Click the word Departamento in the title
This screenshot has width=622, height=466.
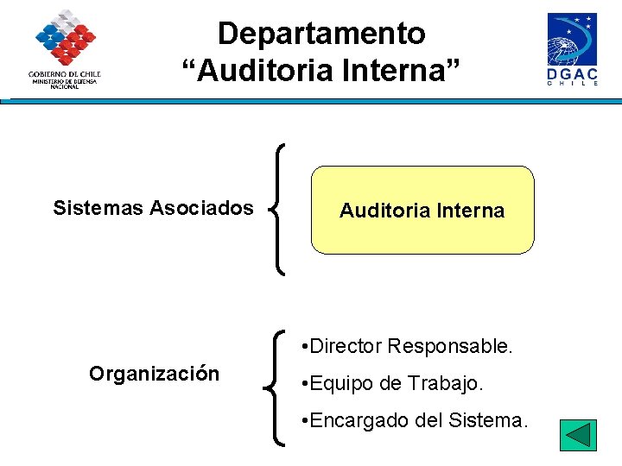click(321, 34)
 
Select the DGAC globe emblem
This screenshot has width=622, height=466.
click(571, 40)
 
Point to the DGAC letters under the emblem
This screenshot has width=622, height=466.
click(572, 75)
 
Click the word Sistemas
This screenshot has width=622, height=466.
click(98, 208)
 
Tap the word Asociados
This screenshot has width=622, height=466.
click(202, 208)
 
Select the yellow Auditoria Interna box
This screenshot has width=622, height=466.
click(422, 211)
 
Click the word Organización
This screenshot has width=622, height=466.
click(154, 374)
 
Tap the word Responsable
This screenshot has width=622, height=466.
click(450, 347)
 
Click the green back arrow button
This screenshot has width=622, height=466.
click(578, 435)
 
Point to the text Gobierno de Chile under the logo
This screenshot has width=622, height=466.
click(65, 74)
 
